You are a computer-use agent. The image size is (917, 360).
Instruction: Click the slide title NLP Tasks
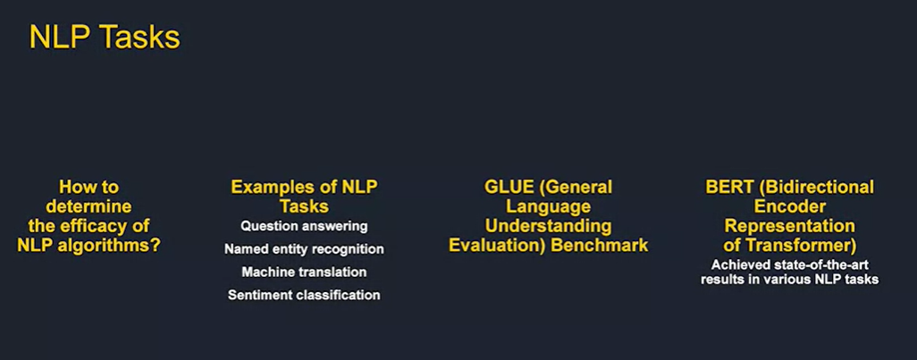[105, 38]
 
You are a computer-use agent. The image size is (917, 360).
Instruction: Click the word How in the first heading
[77, 188]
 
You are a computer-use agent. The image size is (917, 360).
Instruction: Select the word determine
[89, 206]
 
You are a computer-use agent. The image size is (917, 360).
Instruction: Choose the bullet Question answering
[304, 226]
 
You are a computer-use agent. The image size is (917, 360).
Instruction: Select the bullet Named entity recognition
[304, 249]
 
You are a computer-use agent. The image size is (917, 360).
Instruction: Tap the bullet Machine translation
[304, 272]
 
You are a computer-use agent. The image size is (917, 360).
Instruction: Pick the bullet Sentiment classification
[304, 295]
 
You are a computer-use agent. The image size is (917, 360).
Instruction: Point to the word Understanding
[549, 225]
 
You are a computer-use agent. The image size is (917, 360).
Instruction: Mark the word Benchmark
[603, 244]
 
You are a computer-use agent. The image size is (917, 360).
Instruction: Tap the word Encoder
[789, 206]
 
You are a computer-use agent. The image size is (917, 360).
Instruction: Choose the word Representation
[789, 225]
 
